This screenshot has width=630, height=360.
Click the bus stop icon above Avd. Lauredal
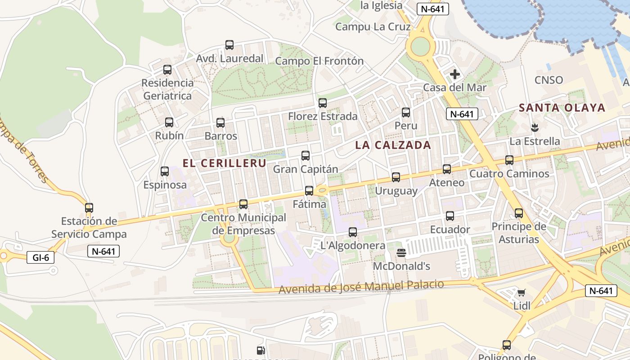point(229,45)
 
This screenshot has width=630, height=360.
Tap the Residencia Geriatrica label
point(167,89)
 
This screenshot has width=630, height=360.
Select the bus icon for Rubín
point(169,122)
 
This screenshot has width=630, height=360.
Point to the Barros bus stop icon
point(220,123)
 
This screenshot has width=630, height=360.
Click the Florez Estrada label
point(323,117)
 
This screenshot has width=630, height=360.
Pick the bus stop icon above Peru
point(406,112)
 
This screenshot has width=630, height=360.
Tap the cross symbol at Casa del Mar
point(455,74)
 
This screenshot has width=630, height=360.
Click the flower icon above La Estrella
point(535,128)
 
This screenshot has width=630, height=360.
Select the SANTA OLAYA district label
point(562,108)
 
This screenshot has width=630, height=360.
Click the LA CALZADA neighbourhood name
point(393,145)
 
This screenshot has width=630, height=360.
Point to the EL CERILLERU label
point(225,163)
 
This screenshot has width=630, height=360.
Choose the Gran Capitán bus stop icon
point(306,156)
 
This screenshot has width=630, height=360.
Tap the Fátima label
point(310,204)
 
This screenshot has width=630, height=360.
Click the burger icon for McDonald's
point(402,253)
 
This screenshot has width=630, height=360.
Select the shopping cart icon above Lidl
point(521,293)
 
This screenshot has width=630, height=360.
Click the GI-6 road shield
point(40,258)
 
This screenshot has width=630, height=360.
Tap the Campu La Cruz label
point(373,27)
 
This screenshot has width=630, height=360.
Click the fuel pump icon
point(261,351)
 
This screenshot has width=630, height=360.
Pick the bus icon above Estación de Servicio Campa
point(89,208)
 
